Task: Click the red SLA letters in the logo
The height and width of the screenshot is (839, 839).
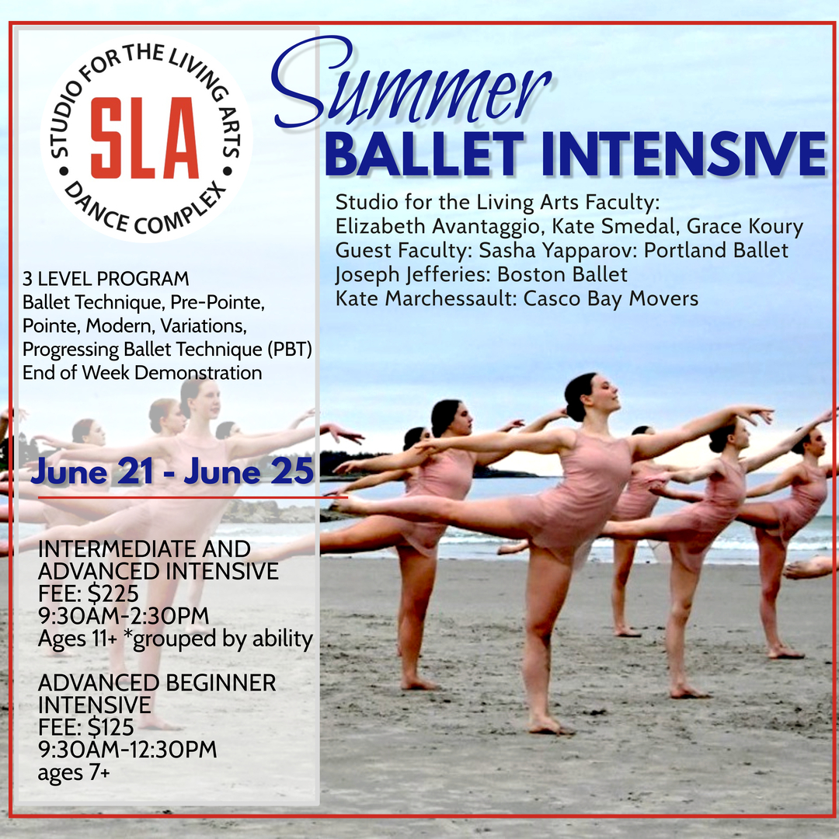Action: [x=144, y=138]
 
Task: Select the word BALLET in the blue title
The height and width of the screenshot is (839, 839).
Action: [x=425, y=154]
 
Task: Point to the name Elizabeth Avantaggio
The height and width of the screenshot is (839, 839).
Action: [x=438, y=227]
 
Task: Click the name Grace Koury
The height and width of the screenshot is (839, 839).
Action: [x=745, y=226]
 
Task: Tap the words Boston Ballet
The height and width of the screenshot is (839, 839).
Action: [x=562, y=274]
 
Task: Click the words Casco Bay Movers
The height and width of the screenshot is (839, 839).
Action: [x=611, y=298]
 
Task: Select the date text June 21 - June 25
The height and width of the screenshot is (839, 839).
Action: [x=172, y=472]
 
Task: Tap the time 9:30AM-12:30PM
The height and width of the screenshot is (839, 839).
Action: [x=127, y=749]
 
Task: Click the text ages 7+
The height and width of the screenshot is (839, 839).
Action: [x=74, y=772]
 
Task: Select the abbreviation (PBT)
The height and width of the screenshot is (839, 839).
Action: [x=289, y=350]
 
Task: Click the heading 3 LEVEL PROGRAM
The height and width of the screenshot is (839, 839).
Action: [x=106, y=279]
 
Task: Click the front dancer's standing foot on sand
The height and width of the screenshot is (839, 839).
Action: [x=548, y=724]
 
